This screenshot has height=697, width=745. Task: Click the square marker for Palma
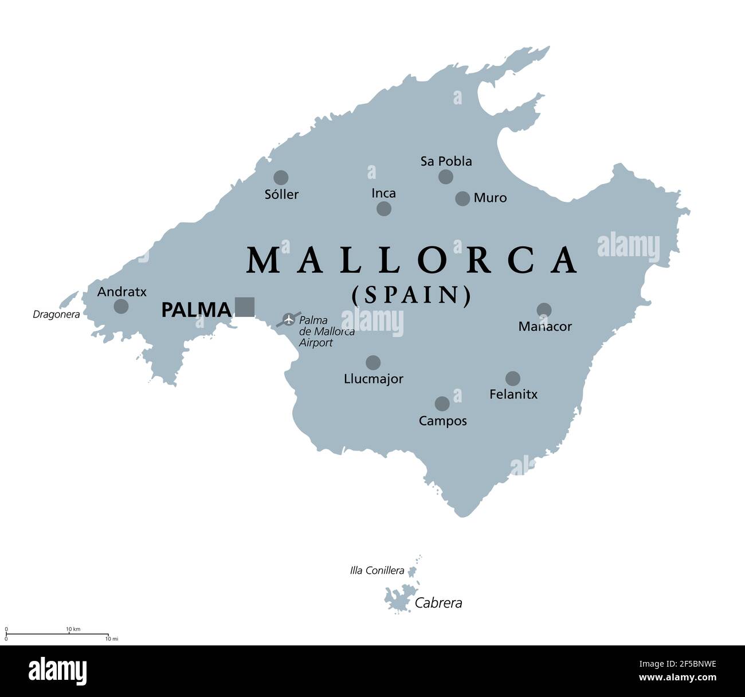245,307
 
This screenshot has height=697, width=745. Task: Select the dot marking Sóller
281,178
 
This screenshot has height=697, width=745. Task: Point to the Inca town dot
384,209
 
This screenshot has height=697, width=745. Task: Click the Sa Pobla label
446,162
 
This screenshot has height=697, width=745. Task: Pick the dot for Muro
462,198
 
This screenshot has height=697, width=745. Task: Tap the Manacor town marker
544,310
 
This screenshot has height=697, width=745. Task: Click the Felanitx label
513,394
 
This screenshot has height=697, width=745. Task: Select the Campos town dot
442,404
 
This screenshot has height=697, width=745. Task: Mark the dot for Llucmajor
373,362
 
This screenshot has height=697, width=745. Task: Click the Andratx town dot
121,306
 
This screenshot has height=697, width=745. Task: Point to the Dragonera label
56,314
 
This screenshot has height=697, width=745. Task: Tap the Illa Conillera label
377,571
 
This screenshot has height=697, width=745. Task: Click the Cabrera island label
438,603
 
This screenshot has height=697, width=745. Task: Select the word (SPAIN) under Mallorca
411,295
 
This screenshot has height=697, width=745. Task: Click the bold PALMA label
196,310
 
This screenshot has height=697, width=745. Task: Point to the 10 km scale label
73,629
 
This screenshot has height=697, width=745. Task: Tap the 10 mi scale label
111,639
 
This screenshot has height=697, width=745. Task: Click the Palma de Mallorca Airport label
326,332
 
